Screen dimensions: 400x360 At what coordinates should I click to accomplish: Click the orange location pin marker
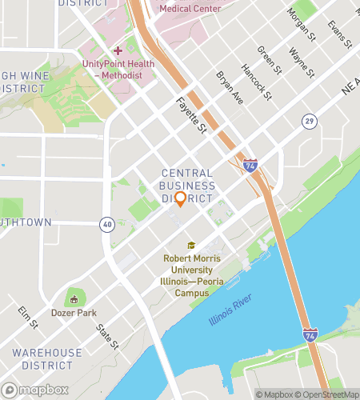(180, 199)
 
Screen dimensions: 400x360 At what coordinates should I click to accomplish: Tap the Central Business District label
(187, 186)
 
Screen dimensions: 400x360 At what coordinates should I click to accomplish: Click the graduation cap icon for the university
(191, 246)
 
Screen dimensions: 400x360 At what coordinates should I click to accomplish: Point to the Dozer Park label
(74, 313)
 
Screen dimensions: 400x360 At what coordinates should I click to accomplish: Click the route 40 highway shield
(106, 226)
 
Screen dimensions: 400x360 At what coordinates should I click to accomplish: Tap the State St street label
(107, 336)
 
